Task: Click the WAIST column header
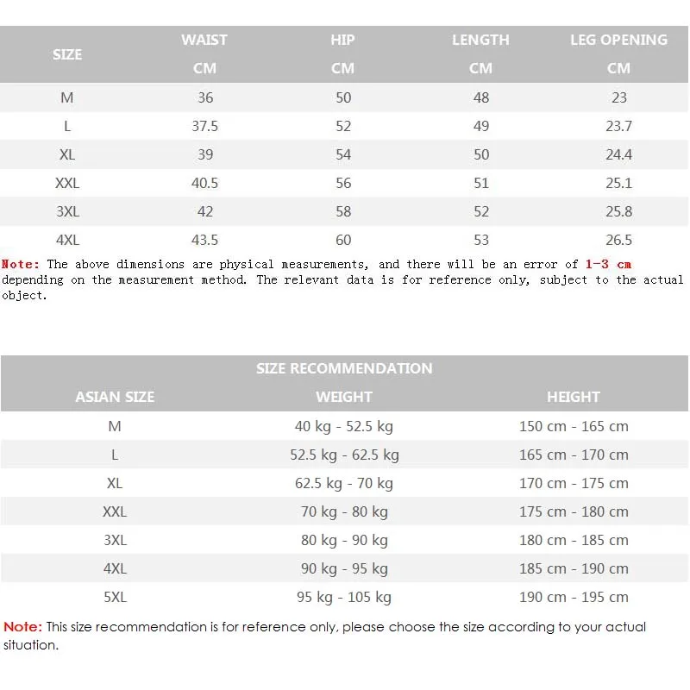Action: click(204, 40)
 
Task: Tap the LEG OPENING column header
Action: click(618, 40)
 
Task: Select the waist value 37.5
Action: click(204, 126)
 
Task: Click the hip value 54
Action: click(343, 154)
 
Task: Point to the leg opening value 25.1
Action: click(618, 183)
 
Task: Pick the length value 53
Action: click(481, 240)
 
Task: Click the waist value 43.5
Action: click(204, 240)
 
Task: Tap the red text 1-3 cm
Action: click(608, 264)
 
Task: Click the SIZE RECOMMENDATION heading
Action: click(344, 368)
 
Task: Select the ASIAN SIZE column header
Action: click(115, 397)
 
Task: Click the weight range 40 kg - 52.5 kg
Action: click(344, 426)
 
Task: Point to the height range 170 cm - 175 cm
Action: click(574, 483)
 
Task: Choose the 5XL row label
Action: click(115, 597)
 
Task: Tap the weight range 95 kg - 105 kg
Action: click(344, 597)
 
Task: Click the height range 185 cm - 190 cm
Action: click(574, 568)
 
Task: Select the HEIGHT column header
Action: click(574, 397)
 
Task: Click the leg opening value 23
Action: click(618, 97)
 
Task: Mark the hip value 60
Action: click(343, 240)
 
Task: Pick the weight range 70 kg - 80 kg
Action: click(344, 511)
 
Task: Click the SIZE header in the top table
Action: click(67, 54)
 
